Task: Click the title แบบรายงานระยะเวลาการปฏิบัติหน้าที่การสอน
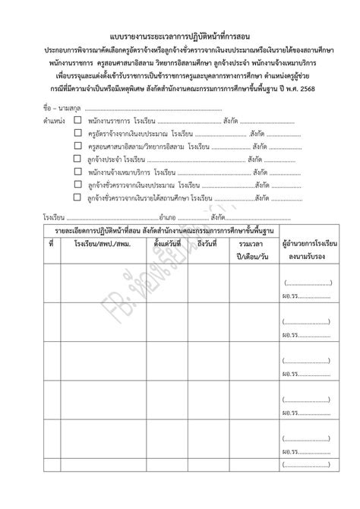[180, 36]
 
